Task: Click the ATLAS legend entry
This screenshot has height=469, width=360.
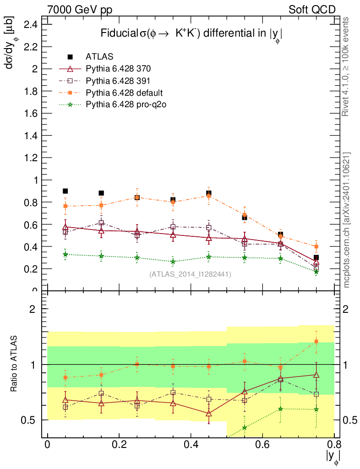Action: [99, 57]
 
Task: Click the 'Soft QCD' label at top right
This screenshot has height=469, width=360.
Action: [312, 10]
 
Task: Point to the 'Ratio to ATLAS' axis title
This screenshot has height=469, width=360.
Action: [15, 365]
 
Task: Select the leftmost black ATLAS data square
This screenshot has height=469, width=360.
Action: [65, 191]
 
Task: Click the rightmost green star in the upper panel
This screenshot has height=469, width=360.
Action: [316, 272]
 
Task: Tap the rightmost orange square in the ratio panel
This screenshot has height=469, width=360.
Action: [316, 341]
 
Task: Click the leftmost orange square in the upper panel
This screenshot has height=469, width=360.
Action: [65, 206]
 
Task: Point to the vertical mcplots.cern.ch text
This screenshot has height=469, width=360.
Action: [347, 220]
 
